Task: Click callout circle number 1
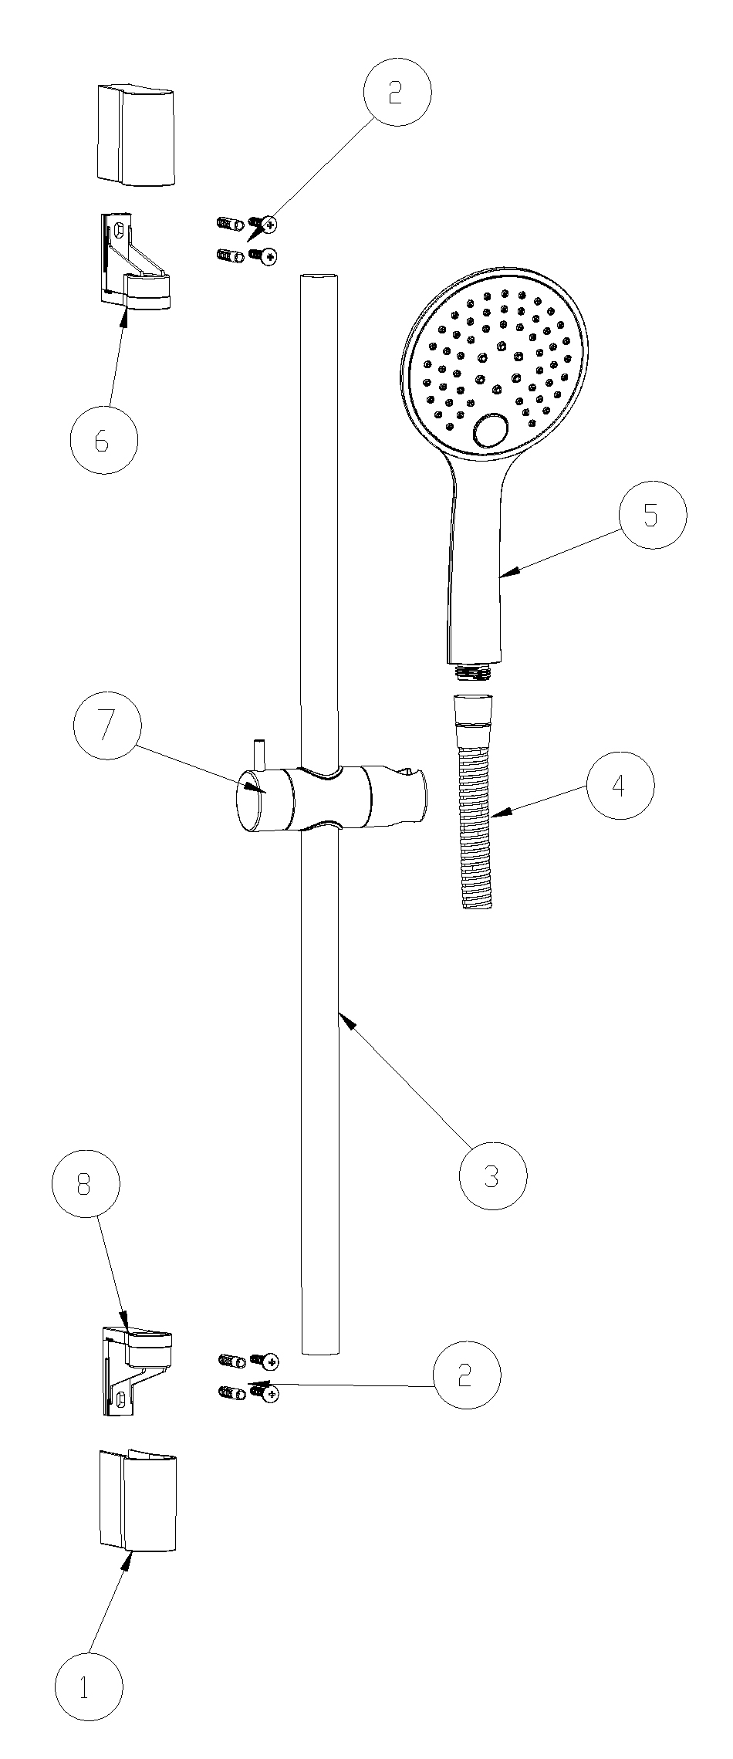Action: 90,1686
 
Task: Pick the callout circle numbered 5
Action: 652,516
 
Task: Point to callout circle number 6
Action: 103,440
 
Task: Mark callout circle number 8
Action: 86,1184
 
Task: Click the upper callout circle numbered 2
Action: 397,92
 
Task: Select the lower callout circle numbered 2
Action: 466,1375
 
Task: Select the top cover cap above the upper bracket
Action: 136,136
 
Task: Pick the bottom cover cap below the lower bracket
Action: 137,1500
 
